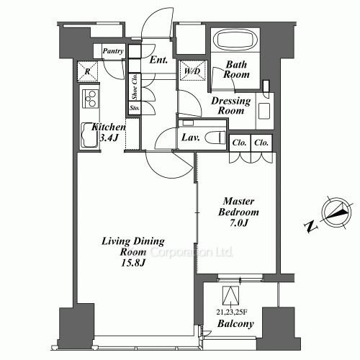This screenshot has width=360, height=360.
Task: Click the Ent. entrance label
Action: pyautogui.click(x=159, y=61)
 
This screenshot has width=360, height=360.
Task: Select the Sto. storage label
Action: pyautogui.click(x=134, y=109)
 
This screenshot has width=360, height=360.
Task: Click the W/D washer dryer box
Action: pyautogui.click(x=190, y=71)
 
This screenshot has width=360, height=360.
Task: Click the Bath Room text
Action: pyautogui.click(x=236, y=69)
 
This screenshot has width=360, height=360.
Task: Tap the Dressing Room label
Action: pyautogui.click(x=230, y=106)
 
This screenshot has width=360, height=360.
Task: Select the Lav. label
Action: pyautogui.click(x=190, y=137)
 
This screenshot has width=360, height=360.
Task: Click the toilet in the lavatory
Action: pyautogui.click(x=215, y=138)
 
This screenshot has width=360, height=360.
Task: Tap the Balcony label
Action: pyautogui.click(x=235, y=324)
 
